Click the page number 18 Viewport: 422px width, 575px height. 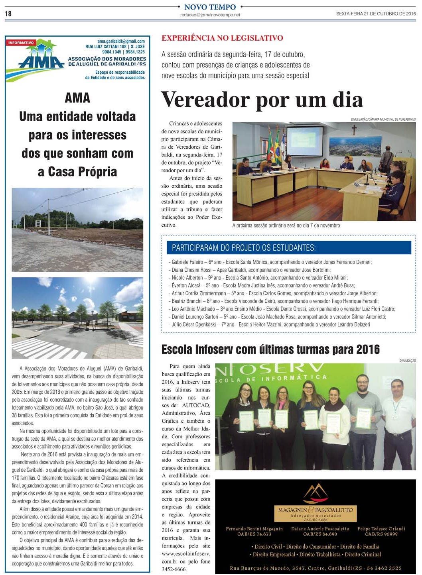(x=8, y=14)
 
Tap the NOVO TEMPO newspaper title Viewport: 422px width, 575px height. (x=210, y=7)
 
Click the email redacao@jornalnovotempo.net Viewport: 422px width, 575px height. (x=210, y=15)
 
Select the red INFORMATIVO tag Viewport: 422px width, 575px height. (x=21, y=43)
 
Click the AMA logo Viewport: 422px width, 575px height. (x=40, y=61)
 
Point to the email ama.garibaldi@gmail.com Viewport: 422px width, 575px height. (x=121, y=41)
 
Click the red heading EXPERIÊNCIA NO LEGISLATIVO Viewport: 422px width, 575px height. (x=222, y=38)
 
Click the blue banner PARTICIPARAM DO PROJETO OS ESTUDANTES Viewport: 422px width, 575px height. (x=289, y=248)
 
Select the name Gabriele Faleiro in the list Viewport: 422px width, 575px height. (x=187, y=262)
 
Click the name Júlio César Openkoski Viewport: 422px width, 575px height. (x=193, y=324)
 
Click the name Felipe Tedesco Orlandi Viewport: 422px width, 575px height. (x=381, y=529)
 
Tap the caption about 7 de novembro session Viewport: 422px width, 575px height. (x=286, y=226)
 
